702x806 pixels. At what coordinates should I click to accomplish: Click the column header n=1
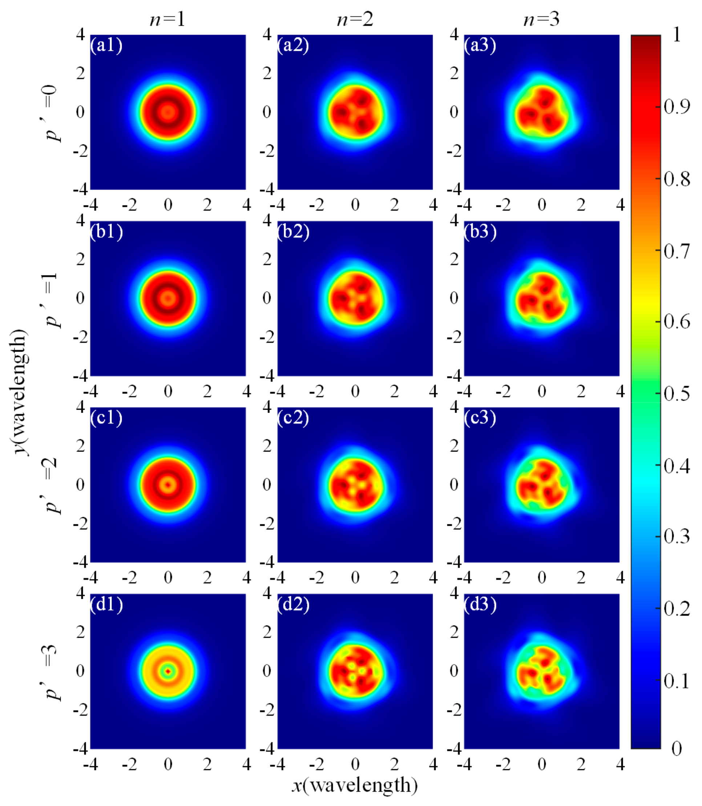tap(168, 19)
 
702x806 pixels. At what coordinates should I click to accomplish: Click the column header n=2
tap(355, 19)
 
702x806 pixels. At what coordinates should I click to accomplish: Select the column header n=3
tap(541, 19)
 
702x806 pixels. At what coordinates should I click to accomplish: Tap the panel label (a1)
tap(106, 45)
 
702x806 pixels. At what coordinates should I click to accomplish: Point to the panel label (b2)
tap(294, 232)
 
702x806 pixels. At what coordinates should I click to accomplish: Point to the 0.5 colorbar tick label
tap(677, 394)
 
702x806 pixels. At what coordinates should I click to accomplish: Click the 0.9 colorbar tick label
tap(677, 107)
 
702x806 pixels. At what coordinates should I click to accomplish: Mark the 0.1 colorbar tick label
tap(677, 681)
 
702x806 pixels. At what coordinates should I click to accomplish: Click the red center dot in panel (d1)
tap(168, 671)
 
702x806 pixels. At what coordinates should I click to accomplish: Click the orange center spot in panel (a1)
tap(168, 112)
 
